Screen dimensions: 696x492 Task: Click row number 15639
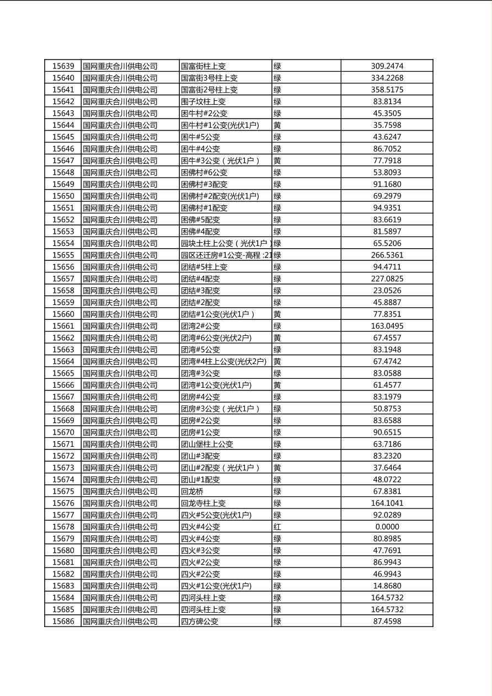[x=63, y=66]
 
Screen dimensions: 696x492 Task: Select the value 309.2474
[x=387, y=66]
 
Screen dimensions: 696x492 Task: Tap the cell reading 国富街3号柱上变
[x=210, y=78]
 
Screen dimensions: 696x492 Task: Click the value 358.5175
[x=387, y=90]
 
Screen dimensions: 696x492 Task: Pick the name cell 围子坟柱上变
[x=204, y=101]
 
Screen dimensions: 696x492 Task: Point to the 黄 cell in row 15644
[x=277, y=125]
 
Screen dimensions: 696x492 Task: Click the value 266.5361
[x=387, y=255]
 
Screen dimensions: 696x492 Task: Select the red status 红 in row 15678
[x=277, y=527]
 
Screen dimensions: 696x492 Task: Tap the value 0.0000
[x=387, y=527]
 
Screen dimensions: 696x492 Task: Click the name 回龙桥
[x=192, y=491]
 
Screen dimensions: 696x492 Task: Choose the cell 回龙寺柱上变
[x=204, y=503]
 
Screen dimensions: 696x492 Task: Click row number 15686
[x=63, y=621]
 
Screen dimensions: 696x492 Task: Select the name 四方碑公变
[x=200, y=621]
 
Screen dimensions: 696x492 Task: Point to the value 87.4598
[x=387, y=621]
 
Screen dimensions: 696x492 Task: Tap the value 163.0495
[x=387, y=326]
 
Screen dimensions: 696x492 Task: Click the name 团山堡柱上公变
[x=207, y=444]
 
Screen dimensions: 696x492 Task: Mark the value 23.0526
[x=387, y=291]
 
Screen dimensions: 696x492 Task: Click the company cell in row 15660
[x=120, y=314]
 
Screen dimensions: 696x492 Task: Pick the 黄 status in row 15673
[x=277, y=468]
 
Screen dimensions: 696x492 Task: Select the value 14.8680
[x=387, y=586]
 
